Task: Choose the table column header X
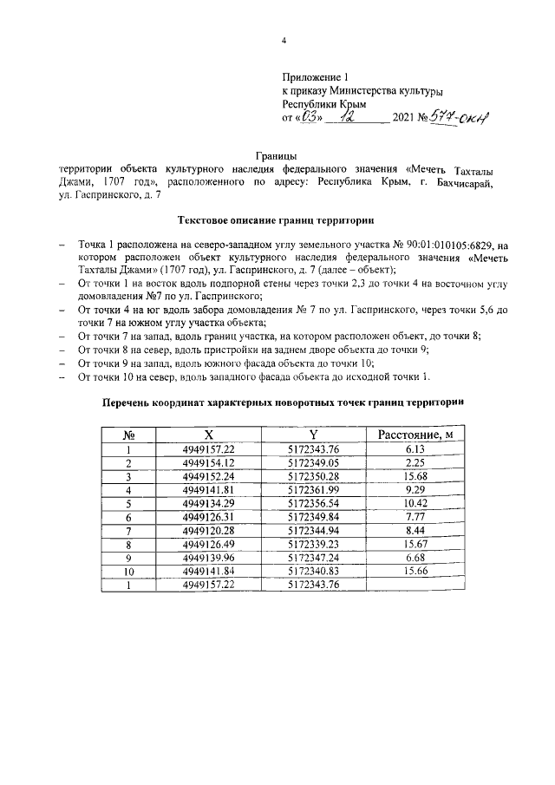pyautogui.click(x=209, y=435)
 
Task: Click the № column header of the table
pyautogui.click(x=127, y=435)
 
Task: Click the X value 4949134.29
pyautogui.click(x=209, y=502)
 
